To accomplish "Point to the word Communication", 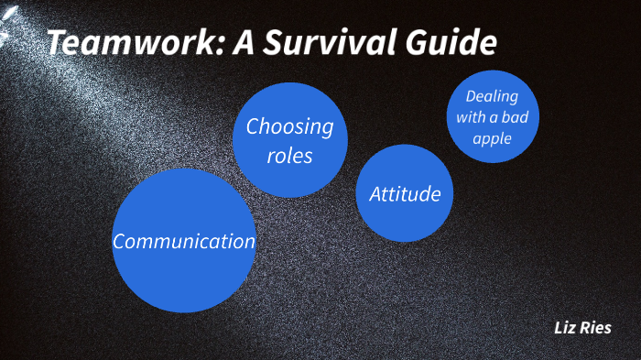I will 183,242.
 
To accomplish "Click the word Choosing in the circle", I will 289,126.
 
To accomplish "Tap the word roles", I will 289,156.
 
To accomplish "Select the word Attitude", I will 405,194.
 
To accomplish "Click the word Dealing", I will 492,96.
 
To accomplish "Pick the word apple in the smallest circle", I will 492,139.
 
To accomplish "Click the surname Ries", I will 596,328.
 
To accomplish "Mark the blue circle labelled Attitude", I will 405,220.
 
